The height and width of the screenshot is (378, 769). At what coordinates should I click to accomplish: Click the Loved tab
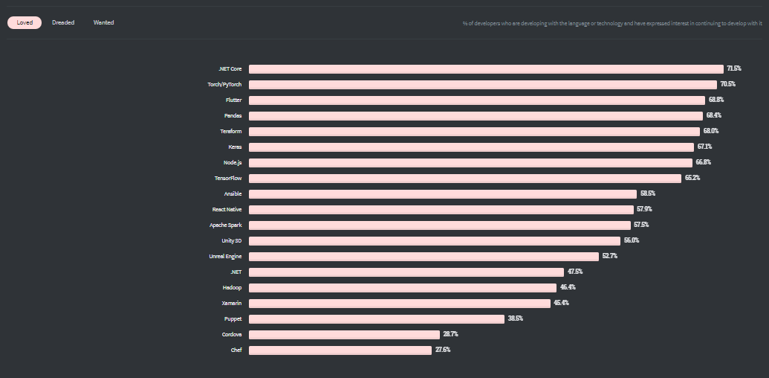pos(25,23)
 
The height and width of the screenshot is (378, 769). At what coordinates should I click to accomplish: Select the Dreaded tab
pos(63,23)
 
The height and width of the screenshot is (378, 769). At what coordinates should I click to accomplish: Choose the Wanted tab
pos(103,23)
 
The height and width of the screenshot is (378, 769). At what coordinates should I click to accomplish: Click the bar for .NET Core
pos(486,68)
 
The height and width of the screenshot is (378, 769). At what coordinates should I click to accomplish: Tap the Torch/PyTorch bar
pos(483,84)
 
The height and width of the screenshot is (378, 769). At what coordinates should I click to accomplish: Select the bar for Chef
pos(340,350)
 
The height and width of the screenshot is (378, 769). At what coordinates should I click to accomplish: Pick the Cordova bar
pos(344,334)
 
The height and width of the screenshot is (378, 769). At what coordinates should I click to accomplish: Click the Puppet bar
pos(377,318)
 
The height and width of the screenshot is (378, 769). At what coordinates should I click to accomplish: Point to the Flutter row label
pos(233,100)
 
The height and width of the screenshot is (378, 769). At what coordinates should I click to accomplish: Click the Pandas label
pos(233,115)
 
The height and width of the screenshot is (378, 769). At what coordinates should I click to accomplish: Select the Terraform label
pos(230,131)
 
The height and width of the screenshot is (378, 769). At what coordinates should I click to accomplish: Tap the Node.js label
pos(232,162)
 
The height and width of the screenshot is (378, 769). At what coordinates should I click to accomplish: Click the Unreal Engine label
pos(225,256)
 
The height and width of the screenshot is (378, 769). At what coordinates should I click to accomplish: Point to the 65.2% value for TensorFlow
pos(692,178)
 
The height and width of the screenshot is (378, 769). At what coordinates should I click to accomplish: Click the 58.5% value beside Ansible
pos(648,193)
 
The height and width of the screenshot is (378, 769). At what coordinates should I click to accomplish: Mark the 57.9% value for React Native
pos(645,209)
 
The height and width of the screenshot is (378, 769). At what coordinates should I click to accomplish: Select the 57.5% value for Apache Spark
pos(641,225)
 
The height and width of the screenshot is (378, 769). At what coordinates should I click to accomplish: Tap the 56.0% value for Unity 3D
pos(632,240)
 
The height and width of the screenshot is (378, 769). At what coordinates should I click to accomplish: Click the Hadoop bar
pos(403,287)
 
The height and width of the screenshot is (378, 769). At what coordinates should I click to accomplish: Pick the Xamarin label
pos(231,303)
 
